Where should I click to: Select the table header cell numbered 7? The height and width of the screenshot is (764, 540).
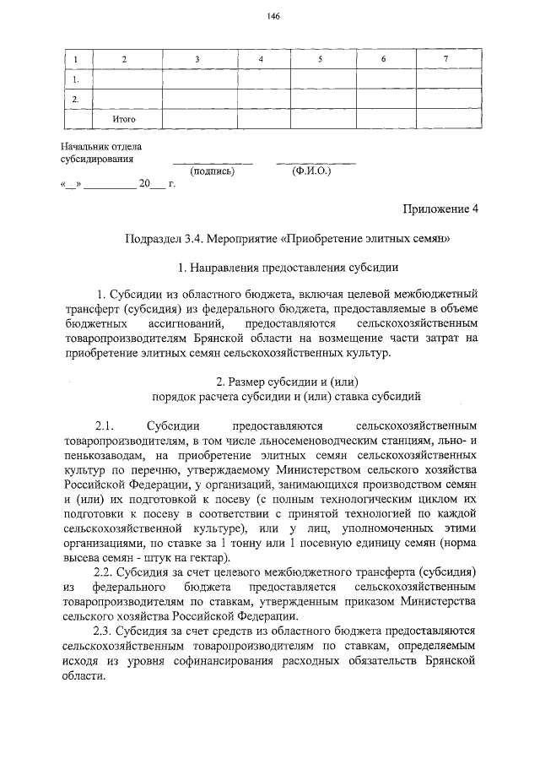tap(445, 59)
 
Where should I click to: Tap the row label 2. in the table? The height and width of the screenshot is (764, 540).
tap(77, 99)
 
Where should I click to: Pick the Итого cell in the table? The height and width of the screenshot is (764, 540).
tap(125, 119)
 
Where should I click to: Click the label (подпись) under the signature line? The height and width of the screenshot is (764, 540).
tap(213, 171)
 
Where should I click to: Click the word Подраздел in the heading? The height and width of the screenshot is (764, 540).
tap(152, 239)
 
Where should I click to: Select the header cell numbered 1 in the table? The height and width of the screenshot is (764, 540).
tap(77, 59)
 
